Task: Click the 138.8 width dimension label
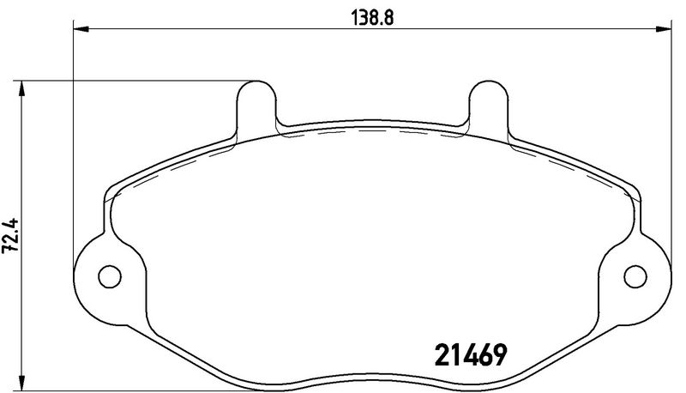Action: pos(372,18)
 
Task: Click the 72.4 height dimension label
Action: pos(10,235)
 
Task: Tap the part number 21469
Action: pos(470,354)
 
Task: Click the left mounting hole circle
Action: pos(110,276)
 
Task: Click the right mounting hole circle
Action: pos(635,276)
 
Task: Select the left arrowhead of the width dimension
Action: pos(81,29)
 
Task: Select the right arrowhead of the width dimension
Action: pos(663,29)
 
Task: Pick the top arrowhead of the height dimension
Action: pos(21,89)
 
